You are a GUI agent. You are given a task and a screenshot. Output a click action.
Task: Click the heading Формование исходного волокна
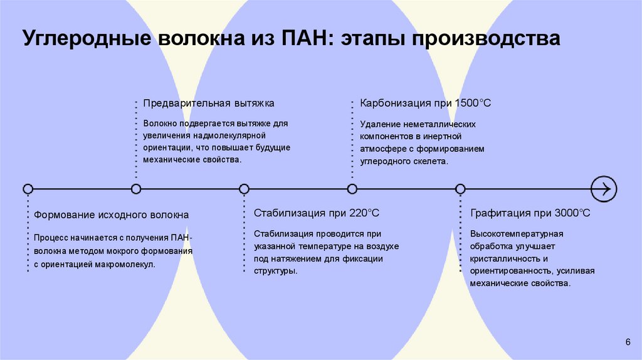(111, 214)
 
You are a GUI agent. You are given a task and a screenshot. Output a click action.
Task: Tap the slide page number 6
(628, 341)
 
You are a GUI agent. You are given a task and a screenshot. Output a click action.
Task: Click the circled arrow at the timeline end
(604, 188)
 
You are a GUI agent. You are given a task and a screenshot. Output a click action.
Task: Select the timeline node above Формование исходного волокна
(28, 188)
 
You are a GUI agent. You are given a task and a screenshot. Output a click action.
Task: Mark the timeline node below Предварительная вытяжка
(136, 188)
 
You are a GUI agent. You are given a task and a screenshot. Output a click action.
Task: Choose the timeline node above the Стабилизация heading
(244, 188)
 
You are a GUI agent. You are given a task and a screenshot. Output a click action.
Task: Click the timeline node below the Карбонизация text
(352, 188)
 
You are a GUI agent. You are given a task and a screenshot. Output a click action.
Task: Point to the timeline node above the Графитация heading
(460, 188)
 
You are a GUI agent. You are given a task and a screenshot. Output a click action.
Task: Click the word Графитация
(500, 213)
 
